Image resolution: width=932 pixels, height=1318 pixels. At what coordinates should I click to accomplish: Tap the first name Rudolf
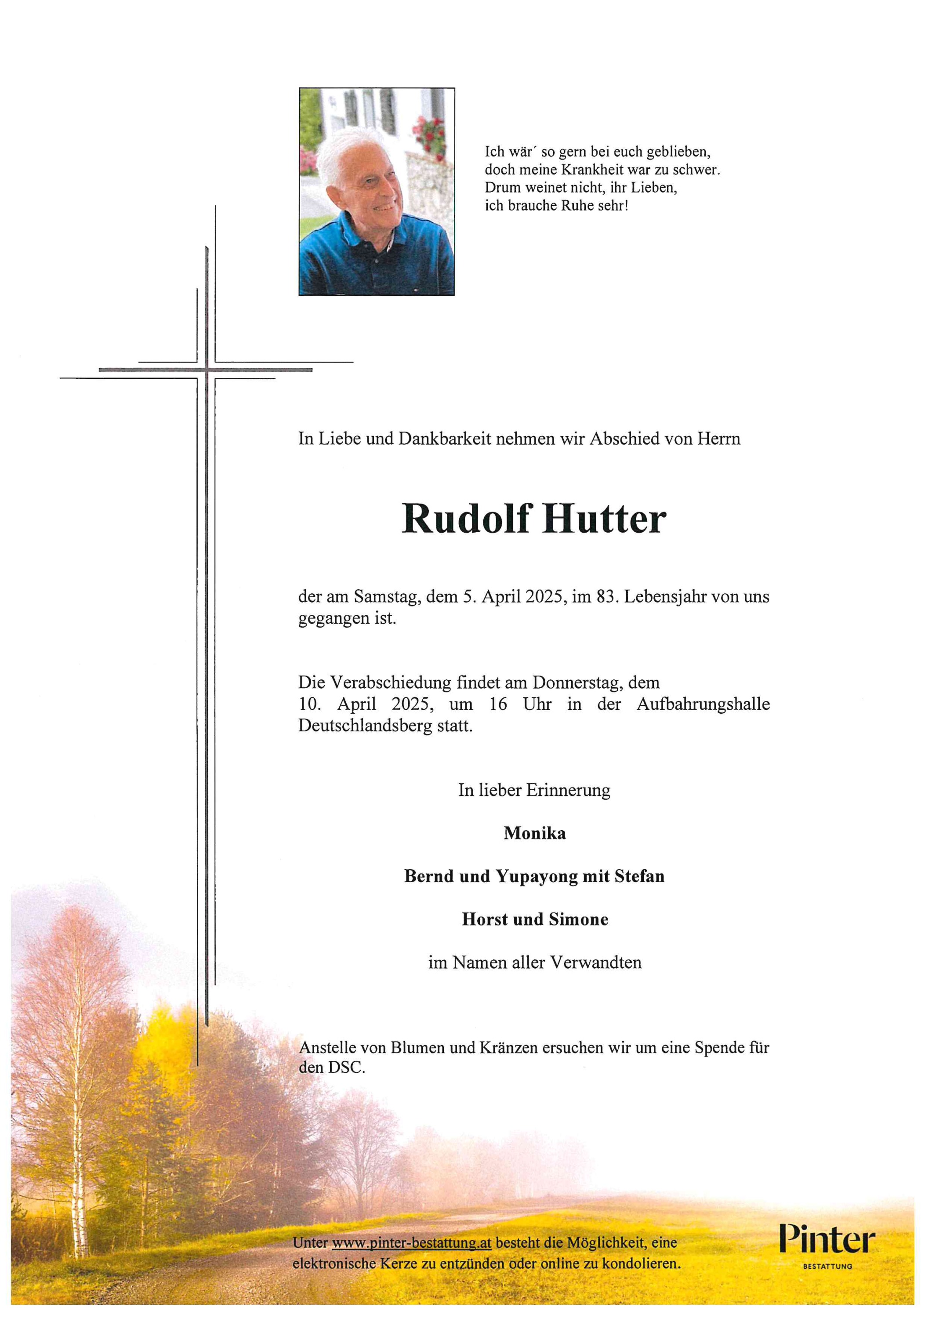[x=466, y=519]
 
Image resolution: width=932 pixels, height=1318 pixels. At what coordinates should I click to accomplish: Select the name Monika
[x=534, y=834]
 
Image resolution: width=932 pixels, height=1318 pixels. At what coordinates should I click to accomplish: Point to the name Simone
[x=578, y=920]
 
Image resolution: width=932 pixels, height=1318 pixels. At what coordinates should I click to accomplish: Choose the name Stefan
[x=639, y=877]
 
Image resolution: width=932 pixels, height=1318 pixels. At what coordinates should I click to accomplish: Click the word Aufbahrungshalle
[x=703, y=704]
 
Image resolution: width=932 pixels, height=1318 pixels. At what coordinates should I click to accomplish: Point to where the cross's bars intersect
[x=206, y=370]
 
